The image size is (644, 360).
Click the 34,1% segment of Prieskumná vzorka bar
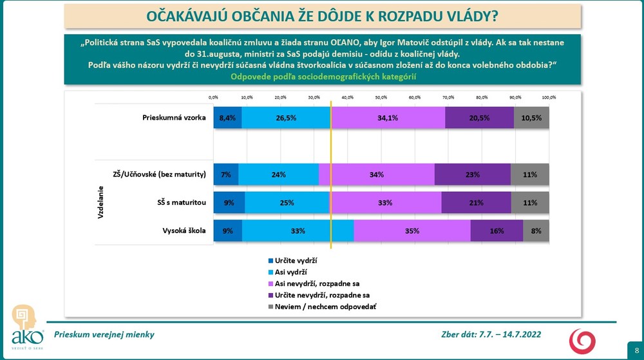click(x=388, y=118)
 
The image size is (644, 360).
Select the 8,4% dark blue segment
click(x=227, y=118)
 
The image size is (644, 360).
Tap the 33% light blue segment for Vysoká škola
click(x=298, y=231)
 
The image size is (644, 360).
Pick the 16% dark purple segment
click(x=497, y=231)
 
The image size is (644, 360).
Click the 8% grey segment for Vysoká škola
click(x=536, y=231)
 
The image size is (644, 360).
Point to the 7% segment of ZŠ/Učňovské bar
click(x=225, y=175)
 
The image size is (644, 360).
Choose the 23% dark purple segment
click(x=473, y=175)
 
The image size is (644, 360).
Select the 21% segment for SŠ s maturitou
click(x=476, y=203)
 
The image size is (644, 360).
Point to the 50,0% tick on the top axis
click(x=381, y=97)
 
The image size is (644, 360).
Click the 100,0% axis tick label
click(x=549, y=97)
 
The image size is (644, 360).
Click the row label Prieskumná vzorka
click(x=173, y=118)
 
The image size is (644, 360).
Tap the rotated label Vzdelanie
click(x=102, y=203)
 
